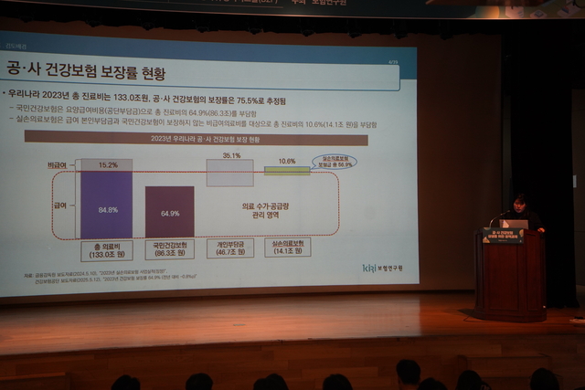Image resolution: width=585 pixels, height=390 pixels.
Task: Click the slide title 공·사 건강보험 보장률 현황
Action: tap(107, 70)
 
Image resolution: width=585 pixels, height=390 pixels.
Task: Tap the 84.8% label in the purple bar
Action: tap(106, 208)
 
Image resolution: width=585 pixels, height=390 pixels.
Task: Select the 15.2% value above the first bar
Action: tap(106, 165)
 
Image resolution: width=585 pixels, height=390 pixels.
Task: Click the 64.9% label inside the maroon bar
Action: tap(169, 213)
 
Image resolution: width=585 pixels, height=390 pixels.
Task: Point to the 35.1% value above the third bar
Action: tap(230, 156)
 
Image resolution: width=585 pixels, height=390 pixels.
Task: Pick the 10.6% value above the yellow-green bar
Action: tap(287, 161)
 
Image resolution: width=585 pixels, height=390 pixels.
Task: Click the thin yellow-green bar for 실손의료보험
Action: tap(287, 170)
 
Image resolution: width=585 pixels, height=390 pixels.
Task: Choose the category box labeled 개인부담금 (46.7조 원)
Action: tap(230, 248)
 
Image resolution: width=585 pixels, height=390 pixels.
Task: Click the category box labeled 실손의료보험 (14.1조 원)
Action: tap(287, 247)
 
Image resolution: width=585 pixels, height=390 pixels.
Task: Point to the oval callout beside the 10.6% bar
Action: tap(334, 162)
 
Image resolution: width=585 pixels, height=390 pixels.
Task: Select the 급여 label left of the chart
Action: tap(60, 206)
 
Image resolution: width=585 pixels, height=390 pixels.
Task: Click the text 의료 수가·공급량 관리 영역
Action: tap(262, 212)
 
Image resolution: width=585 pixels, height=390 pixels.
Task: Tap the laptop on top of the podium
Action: tap(515, 223)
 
